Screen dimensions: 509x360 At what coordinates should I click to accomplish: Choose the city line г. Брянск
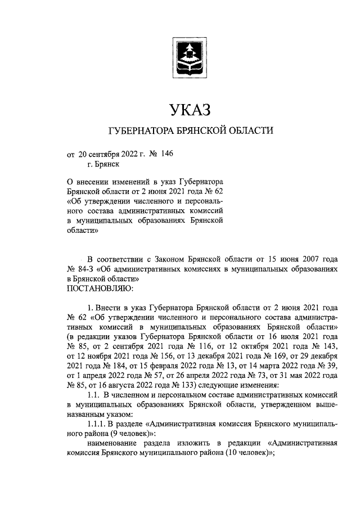(103, 164)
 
